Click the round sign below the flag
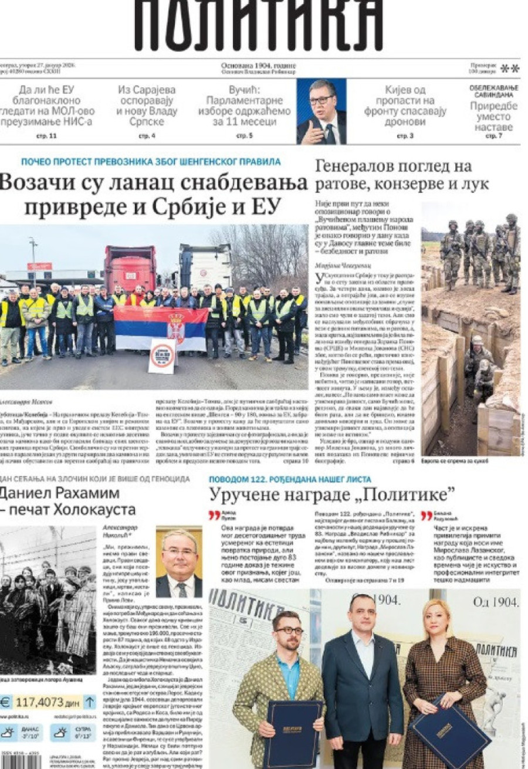(x=163, y=354)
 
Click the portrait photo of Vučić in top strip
(x=321, y=111)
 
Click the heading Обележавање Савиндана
(x=493, y=92)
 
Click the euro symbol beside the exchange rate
(x=6, y=702)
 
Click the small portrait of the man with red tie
(x=179, y=561)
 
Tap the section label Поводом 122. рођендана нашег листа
(x=290, y=479)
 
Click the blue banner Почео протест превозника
(x=151, y=162)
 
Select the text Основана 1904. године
(x=259, y=66)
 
